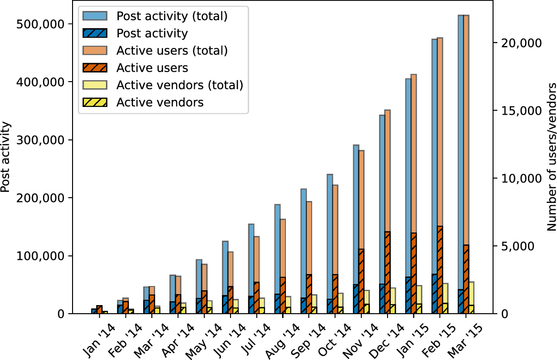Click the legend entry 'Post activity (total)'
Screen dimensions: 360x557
171,16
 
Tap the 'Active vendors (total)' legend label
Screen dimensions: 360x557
180,85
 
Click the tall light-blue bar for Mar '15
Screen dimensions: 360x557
461,143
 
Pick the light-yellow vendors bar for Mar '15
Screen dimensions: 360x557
472,293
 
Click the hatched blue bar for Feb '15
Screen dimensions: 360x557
434,294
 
